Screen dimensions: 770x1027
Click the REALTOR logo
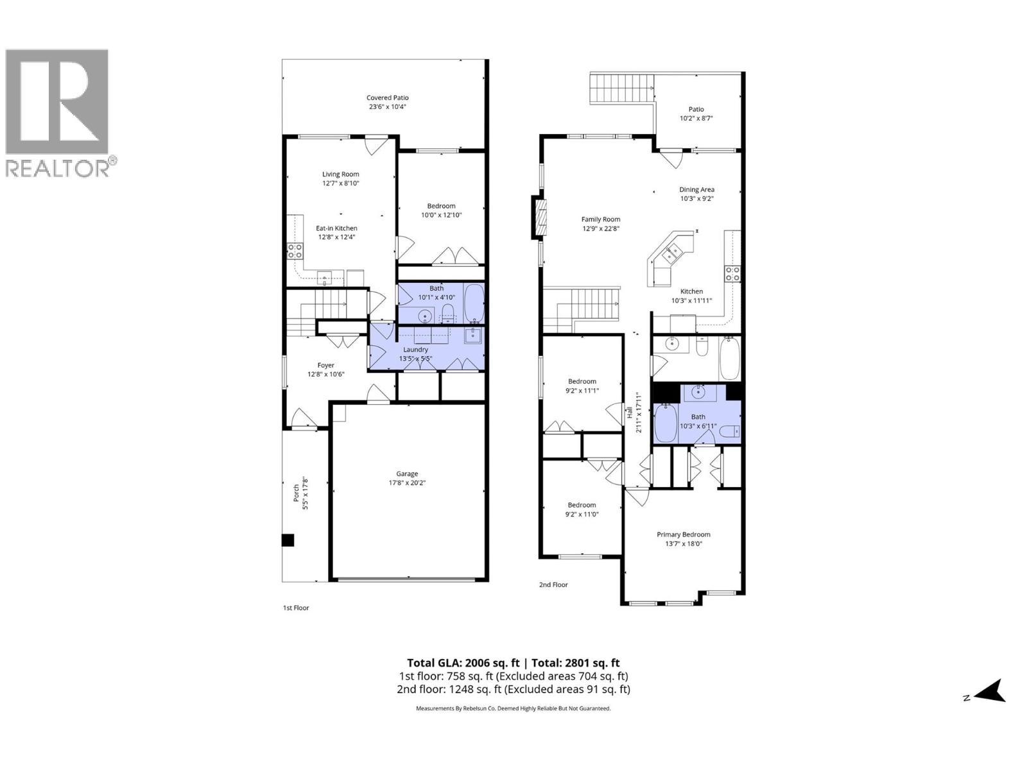click(x=58, y=112)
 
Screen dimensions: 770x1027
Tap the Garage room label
click(x=407, y=474)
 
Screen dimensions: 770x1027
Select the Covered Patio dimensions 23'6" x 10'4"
click(x=387, y=107)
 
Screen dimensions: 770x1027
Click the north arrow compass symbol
click(x=992, y=692)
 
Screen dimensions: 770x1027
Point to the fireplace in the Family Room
click(x=540, y=218)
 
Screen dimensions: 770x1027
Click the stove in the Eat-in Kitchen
click(x=295, y=251)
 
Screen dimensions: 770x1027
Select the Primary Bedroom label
click(x=683, y=535)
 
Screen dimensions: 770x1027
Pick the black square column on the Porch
click(x=288, y=540)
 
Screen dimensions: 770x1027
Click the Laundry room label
click(x=415, y=350)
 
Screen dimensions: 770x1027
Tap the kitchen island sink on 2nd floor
click(x=674, y=254)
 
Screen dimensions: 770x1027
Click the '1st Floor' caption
click(x=296, y=608)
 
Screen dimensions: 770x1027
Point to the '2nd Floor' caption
click(x=553, y=585)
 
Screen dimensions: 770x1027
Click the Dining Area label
click(x=696, y=189)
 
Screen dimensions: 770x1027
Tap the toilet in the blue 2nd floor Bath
click(x=730, y=432)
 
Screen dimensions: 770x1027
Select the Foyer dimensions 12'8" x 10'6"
click(x=325, y=374)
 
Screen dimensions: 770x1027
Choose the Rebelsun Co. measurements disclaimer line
click(x=513, y=708)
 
